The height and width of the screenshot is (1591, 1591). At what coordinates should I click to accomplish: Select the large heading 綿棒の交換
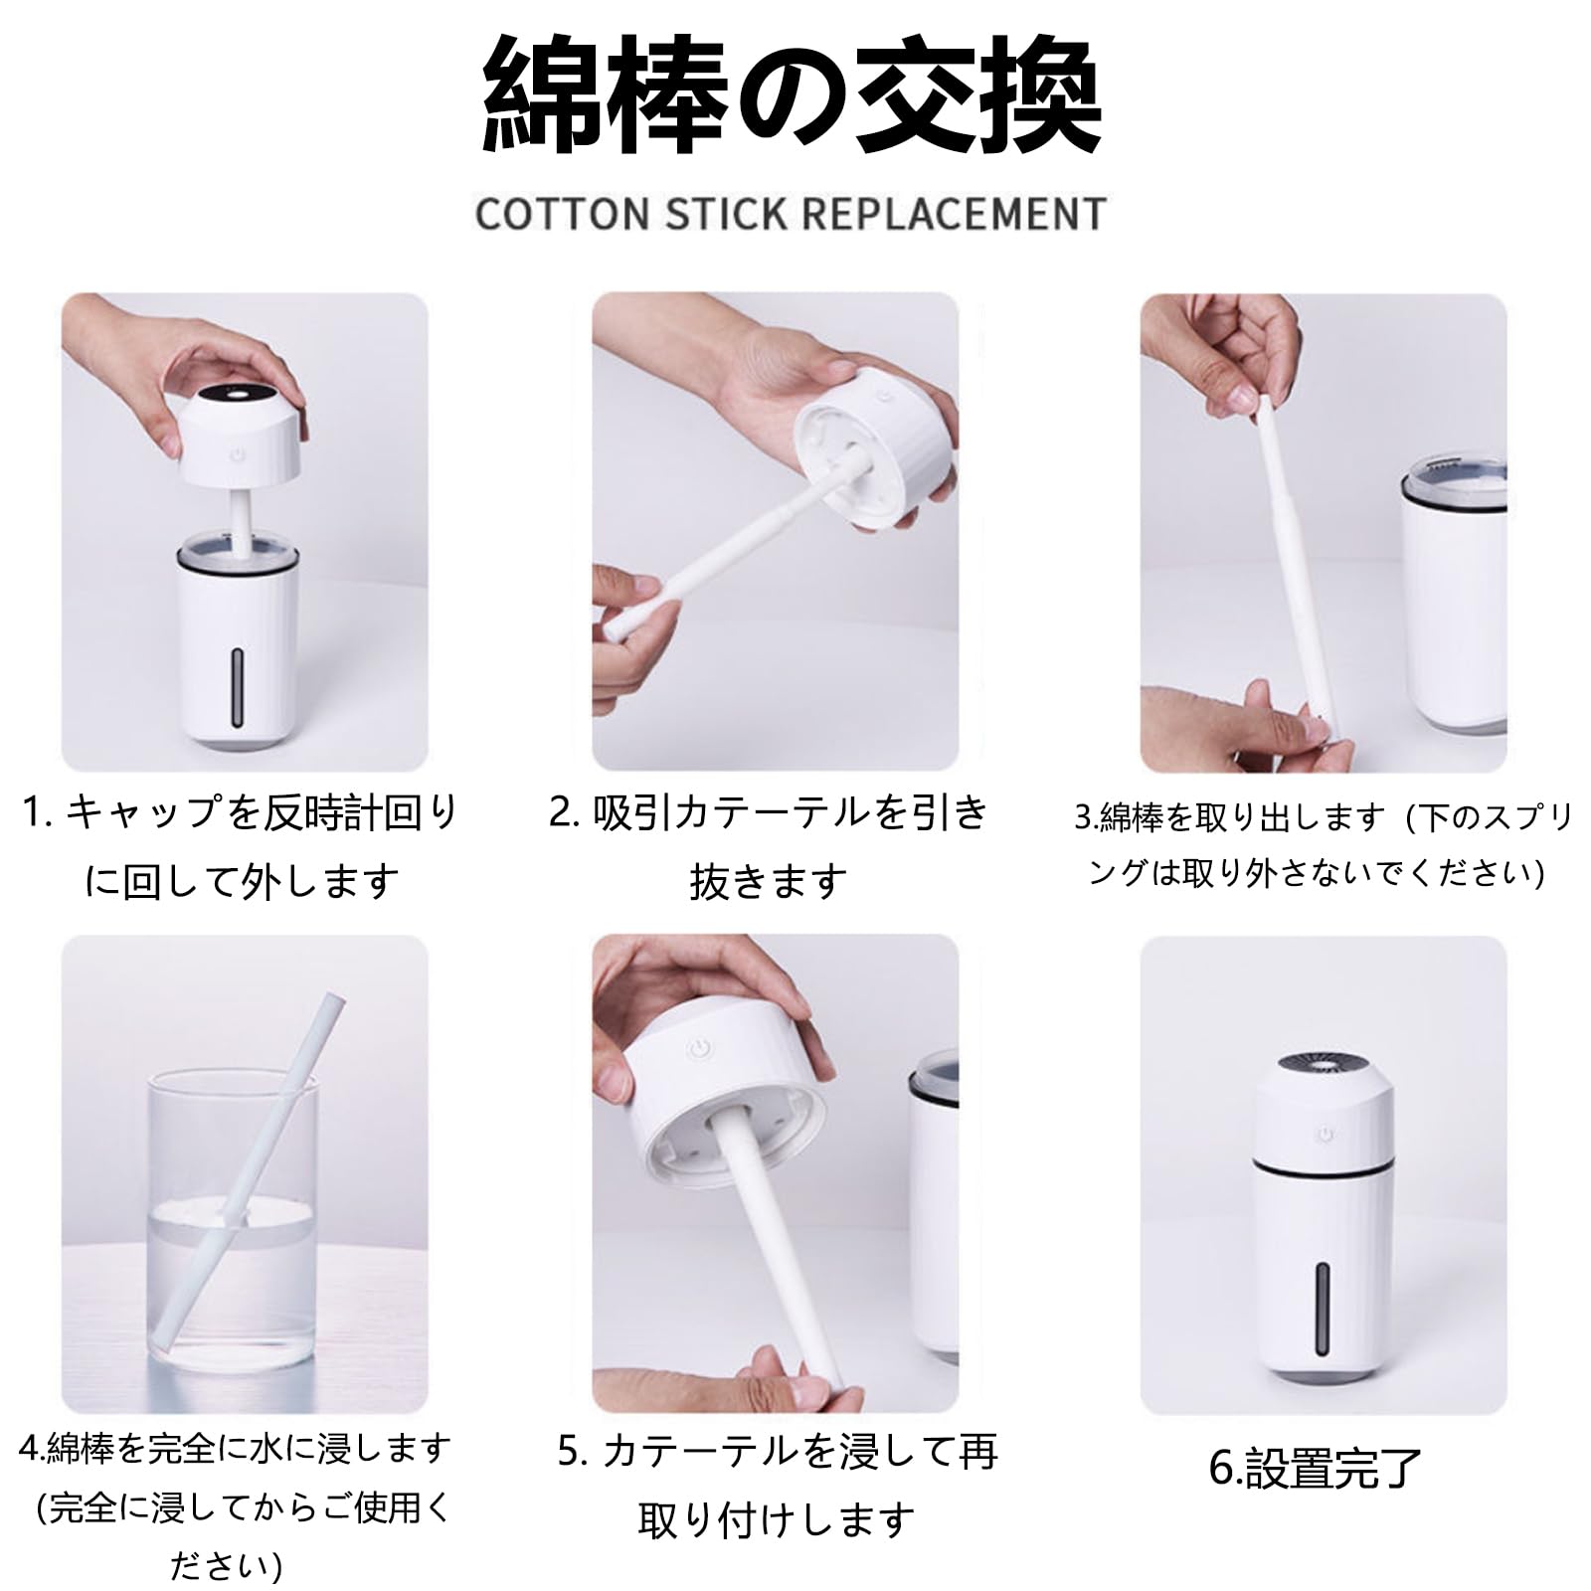792,97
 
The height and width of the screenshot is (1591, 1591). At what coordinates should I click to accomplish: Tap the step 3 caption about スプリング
1323,845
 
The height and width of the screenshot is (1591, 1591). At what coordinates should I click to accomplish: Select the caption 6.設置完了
1315,1468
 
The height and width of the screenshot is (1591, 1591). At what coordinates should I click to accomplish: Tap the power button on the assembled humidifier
1324,1134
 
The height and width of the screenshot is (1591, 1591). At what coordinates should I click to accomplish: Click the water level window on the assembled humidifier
1323,1310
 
